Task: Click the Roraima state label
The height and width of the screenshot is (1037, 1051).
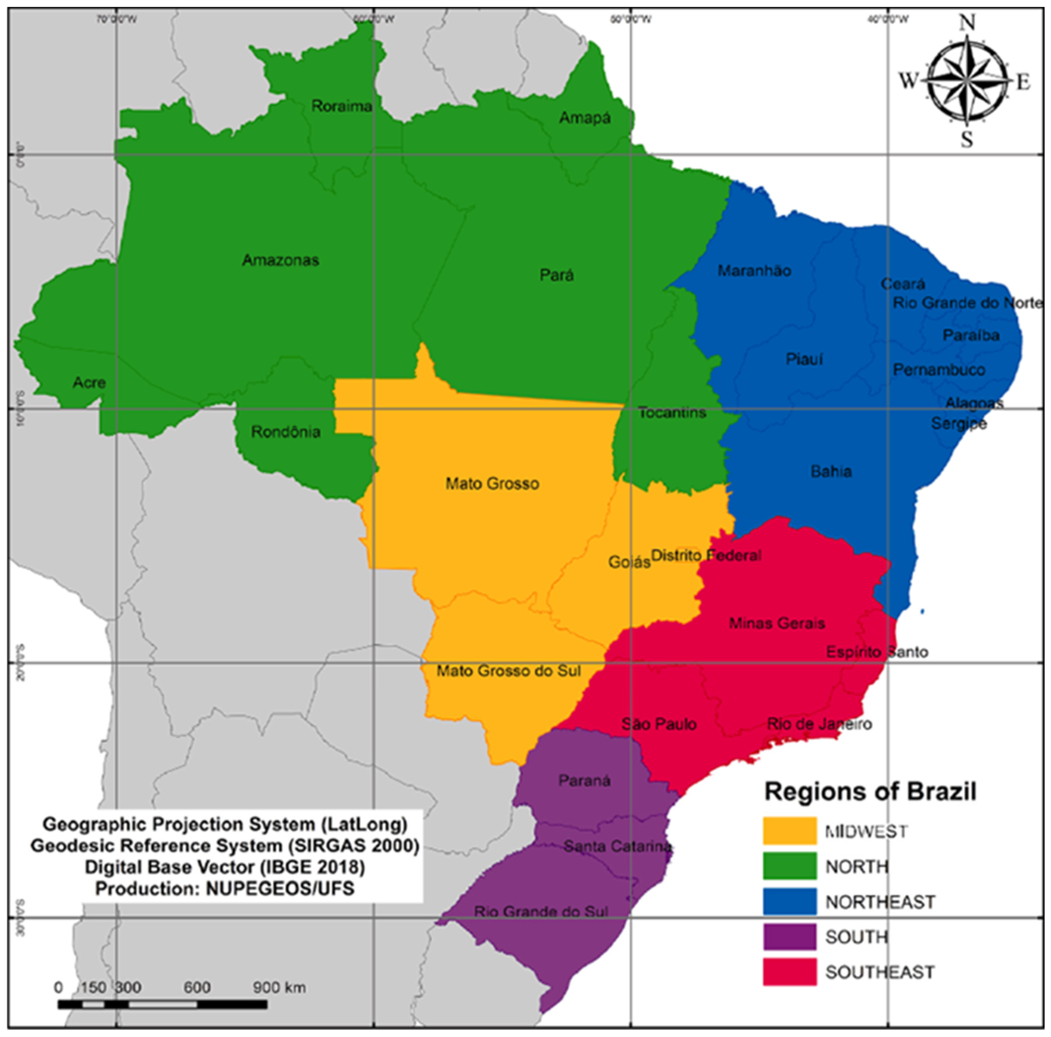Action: coord(342,106)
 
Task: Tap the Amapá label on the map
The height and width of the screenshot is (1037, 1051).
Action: coord(585,118)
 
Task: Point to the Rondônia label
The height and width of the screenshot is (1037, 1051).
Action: coord(286,432)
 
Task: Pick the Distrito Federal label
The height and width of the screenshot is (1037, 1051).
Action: coord(706,555)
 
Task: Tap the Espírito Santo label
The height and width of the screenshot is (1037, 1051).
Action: coord(877,652)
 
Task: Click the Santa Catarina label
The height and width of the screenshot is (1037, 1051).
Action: coord(617,846)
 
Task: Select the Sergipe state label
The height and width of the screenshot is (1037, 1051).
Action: coord(959,423)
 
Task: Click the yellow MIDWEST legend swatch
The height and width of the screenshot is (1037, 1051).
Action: coord(789,831)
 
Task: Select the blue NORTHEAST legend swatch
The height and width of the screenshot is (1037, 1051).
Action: coord(789,902)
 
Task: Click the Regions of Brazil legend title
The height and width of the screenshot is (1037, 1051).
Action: coord(870,792)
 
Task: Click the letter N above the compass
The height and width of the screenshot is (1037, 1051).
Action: coord(967,23)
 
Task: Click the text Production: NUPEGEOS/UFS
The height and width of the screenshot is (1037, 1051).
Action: coord(225,889)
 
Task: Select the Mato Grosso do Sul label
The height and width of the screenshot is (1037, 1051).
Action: coord(509,671)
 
